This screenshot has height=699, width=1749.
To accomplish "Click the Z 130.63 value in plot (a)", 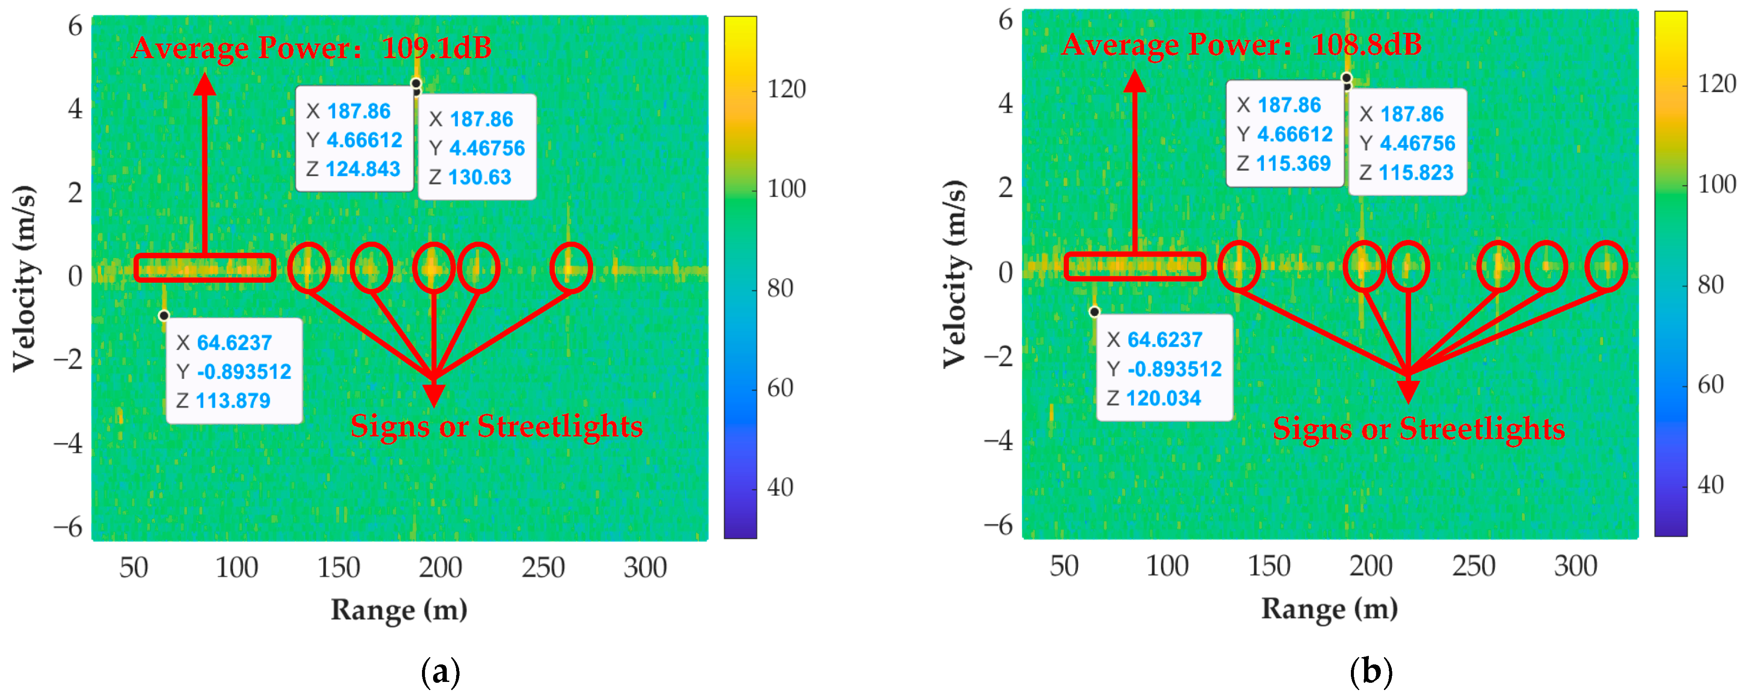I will point(479,177).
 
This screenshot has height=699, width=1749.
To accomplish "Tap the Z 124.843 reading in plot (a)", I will point(363,169).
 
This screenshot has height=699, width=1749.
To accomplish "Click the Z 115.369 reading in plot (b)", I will point(1293,164).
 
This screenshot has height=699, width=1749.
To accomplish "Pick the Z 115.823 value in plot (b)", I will point(1416,173).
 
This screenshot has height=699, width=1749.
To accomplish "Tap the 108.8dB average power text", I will point(1366,45).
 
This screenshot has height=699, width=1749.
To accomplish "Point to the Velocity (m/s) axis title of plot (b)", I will point(954,274).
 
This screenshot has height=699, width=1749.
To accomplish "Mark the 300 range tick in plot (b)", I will point(1575,566).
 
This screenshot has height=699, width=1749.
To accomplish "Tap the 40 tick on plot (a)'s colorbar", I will point(780,487).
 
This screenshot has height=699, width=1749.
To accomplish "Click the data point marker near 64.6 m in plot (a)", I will point(163,315).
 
